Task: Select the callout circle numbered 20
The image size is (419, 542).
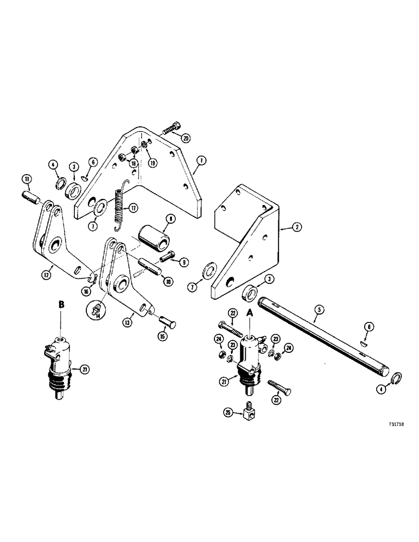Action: (x=187, y=138)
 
